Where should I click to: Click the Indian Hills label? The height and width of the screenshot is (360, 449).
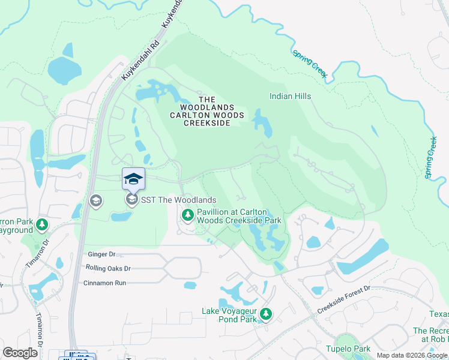[290, 96]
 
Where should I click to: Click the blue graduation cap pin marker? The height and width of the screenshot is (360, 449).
[133, 178]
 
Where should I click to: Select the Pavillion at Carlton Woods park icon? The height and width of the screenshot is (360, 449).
[188, 214]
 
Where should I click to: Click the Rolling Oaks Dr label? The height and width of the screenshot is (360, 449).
[108, 268]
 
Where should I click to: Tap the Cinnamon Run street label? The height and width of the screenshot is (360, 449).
[104, 283]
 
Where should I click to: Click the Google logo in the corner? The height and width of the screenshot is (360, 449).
[20, 353]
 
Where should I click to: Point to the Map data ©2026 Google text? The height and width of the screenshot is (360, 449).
[412, 355]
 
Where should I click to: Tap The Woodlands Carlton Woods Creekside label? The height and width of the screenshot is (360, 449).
[206, 111]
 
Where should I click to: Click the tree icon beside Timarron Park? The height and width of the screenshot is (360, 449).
[42, 225]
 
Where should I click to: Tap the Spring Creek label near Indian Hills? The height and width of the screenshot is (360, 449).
[310, 63]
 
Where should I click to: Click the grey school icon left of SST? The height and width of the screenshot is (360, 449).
[95, 200]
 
